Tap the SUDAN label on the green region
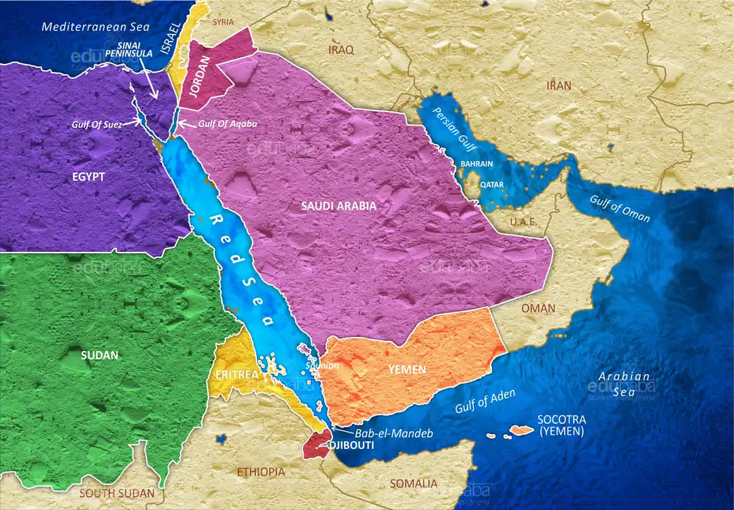[99, 355]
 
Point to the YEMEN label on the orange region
[408, 369]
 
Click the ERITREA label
[236, 375]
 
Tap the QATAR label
[491, 184]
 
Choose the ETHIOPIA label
[261, 471]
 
